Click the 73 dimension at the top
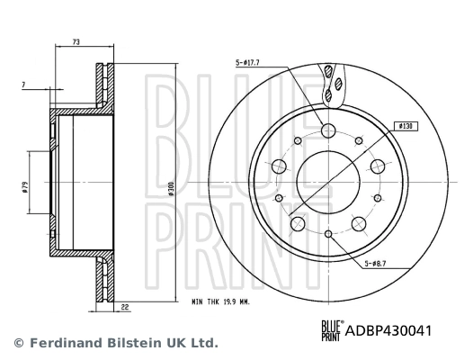coord(76,42)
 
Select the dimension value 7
coord(22,84)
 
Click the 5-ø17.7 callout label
coord(247,62)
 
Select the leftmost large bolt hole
coord(279,166)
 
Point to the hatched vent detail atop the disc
coord(333,81)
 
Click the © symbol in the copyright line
coord(16,343)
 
